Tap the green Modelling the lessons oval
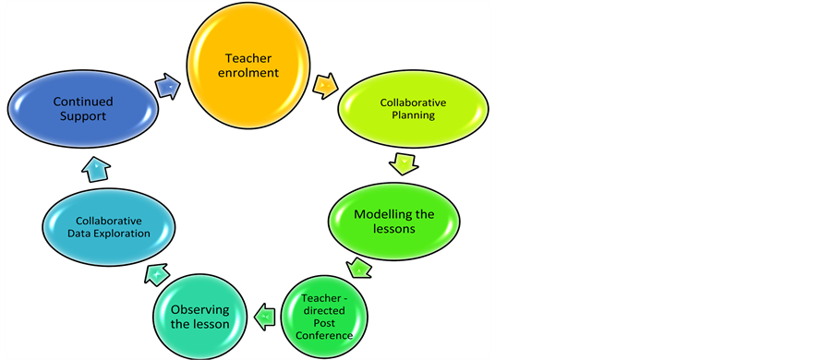[x=393, y=221]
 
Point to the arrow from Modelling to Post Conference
[x=359, y=269]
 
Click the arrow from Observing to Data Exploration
[x=156, y=274]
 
